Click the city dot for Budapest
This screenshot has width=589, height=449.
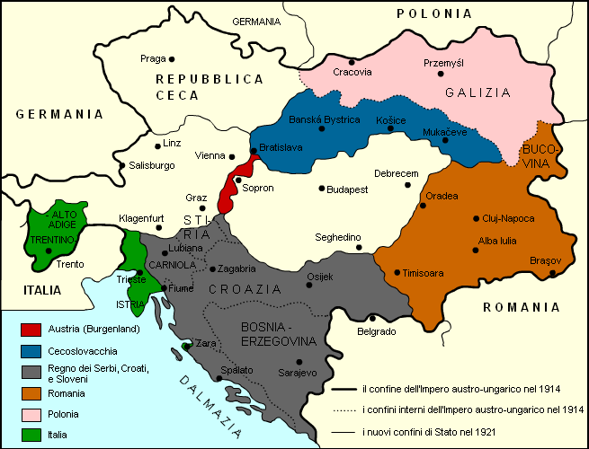click(322, 189)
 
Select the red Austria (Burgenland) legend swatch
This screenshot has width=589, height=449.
click(31, 330)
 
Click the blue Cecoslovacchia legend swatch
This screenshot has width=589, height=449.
click(31, 351)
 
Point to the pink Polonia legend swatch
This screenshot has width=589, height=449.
click(31, 414)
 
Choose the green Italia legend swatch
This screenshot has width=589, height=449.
click(31, 435)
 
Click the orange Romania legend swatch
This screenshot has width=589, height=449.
click(31, 393)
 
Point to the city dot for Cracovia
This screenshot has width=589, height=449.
click(353, 62)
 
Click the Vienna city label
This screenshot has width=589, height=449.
click(210, 155)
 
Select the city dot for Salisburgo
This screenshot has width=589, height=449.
click(122, 164)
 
